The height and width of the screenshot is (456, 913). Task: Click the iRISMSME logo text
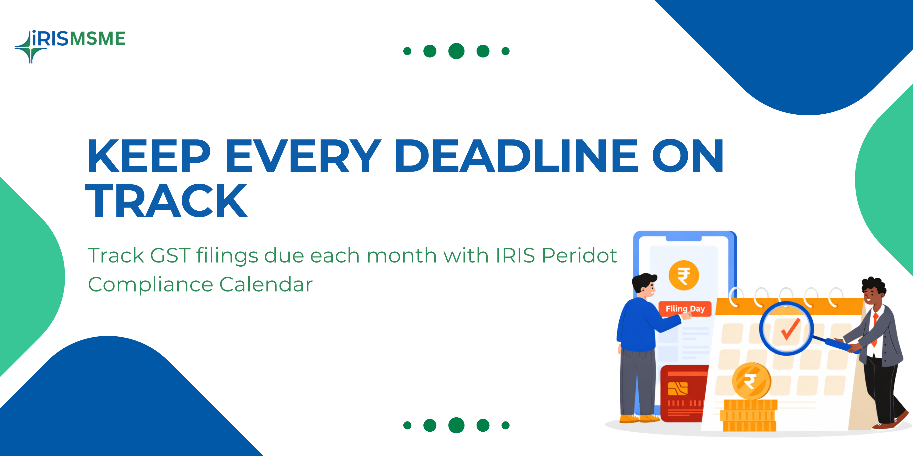[x=78, y=38]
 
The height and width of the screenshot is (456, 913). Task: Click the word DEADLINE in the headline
[x=516, y=156]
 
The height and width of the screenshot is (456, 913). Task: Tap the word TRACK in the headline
[x=166, y=200]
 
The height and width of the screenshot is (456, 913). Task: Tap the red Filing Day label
[x=685, y=309]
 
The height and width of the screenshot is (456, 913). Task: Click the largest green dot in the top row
[x=456, y=51]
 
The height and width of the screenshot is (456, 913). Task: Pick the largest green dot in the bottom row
[x=456, y=425]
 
